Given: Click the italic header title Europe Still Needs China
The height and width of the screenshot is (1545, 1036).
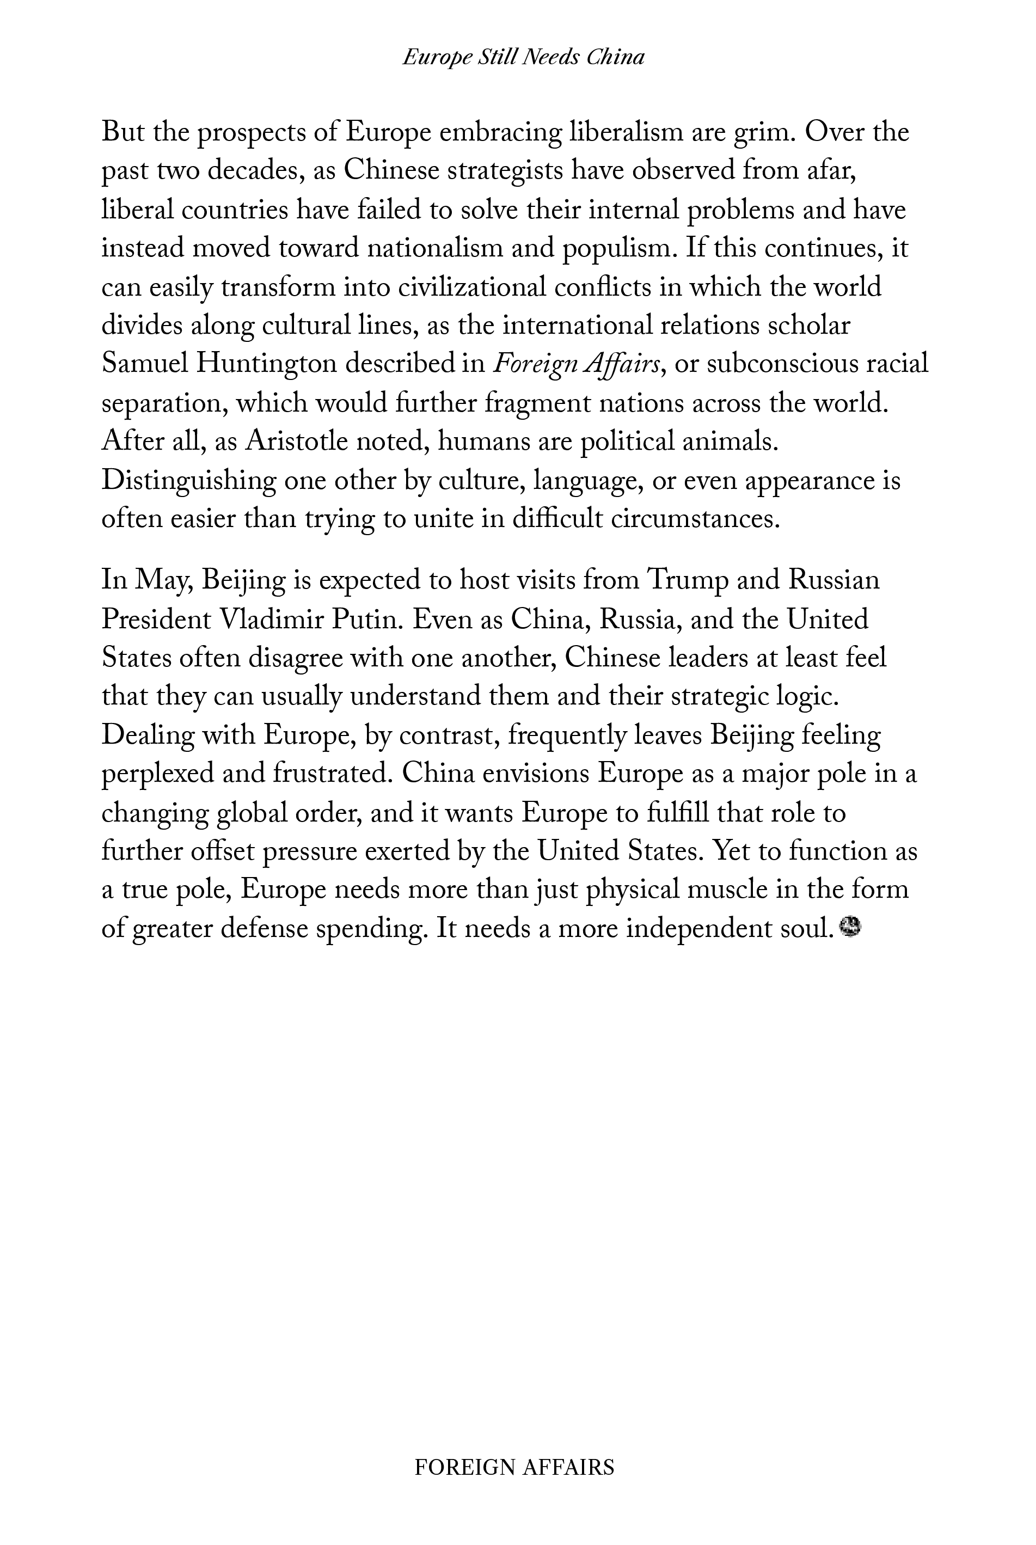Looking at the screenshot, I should coord(523,58).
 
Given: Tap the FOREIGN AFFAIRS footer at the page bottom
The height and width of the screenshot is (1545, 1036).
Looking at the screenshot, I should coord(514,1467).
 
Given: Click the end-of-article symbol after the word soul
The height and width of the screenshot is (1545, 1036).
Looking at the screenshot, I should coord(850,928).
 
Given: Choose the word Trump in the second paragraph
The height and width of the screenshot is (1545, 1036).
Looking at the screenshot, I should coord(687,581).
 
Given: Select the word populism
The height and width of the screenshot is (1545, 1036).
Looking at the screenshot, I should coord(620,248).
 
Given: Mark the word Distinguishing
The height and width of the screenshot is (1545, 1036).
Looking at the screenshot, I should coord(188,481).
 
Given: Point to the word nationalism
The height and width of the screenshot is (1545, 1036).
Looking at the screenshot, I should coord(457,248).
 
